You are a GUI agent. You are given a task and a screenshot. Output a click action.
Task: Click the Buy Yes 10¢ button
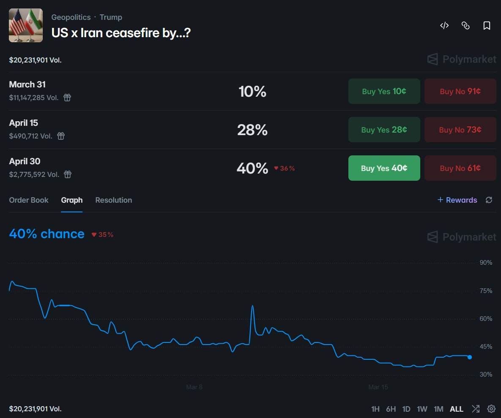[384, 91]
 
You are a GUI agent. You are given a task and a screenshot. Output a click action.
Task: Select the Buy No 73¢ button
[460, 130]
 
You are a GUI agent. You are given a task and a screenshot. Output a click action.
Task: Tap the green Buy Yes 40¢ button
[384, 168]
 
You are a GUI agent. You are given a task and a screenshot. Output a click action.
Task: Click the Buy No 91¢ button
[460, 91]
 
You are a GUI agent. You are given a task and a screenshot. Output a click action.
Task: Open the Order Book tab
[29, 200]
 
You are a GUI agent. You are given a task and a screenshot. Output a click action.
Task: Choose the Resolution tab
[114, 200]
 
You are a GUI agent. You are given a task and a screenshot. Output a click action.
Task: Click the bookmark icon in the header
[487, 26]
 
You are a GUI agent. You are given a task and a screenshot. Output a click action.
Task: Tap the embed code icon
[444, 26]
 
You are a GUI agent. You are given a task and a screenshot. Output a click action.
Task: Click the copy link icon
[465, 26]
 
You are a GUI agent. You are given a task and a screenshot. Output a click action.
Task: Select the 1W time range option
[422, 409]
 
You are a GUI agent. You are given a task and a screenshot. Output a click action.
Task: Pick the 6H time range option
[391, 409]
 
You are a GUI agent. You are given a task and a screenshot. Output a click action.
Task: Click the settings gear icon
[491, 409]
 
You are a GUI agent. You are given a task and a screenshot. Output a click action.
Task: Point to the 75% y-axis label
[486, 291]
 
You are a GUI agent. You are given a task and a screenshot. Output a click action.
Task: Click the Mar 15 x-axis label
[378, 387]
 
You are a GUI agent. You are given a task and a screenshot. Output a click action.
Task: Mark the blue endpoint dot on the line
[470, 357]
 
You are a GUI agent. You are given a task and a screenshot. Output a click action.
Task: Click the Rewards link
[457, 200]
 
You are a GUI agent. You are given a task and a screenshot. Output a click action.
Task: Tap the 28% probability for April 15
[252, 130]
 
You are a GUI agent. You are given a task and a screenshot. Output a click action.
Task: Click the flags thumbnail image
[26, 25]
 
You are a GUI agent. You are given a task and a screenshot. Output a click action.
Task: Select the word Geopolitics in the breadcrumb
[71, 17]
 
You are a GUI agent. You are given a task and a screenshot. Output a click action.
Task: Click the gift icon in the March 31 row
[67, 98]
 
